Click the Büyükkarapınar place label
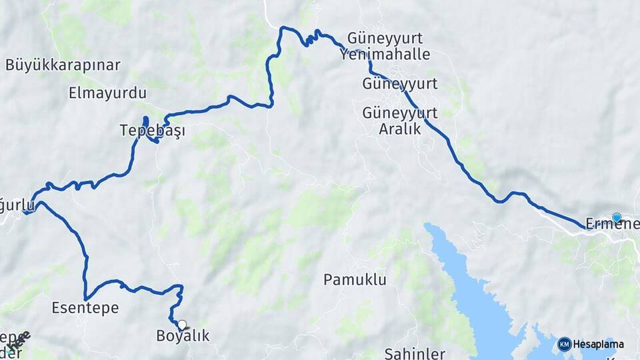pyautogui.click(x=63, y=65)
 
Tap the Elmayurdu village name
pyautogui.click(x=107, y=93)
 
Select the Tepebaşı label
pyautogui.click(x=153, y=131)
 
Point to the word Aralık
pyautogui.click(x=400, y=129)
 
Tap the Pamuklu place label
pyautogui.click(x=355, y=280)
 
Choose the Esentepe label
pyautogui.click(x=85, y=308)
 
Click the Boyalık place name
pyautogui.click(x=183, y=336)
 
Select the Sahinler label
pyautogui.click(x=415, y=353)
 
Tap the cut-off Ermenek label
pyautogui.click(x=612, y=225)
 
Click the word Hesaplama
pyautogui.click(x=598, y=345)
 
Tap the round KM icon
pyautogui.click(x=564, y=345)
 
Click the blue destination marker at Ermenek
pyautogui.click(x=617, y=217)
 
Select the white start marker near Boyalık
pyautogui.click(x=182, y=325)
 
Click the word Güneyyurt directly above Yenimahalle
pyautogui.click(x=394, y=38)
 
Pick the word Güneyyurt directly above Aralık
pyautogui.click(x=400, y=113)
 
